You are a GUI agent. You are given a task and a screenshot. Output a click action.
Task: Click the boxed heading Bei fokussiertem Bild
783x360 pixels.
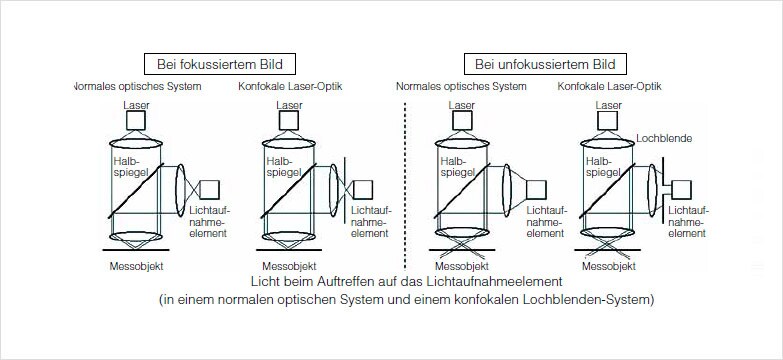pos(220,64)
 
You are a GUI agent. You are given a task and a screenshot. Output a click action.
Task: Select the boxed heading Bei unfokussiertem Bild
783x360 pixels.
pos(545,64)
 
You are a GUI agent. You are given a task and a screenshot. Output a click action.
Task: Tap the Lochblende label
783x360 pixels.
pos(664,139)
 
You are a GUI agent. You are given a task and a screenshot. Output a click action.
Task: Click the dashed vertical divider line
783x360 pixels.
pos(404,186)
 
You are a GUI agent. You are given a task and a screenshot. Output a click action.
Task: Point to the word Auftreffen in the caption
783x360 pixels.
pos(345,281)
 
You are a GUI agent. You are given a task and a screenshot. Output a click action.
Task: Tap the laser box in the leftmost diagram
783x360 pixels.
pos(136,120)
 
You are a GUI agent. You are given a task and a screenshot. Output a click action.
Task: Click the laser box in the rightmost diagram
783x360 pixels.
pos(609,120)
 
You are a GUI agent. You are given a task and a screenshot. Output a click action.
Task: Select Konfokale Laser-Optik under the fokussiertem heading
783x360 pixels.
pos(290,86)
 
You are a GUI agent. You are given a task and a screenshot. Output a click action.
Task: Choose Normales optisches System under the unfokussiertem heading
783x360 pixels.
pos(461,86)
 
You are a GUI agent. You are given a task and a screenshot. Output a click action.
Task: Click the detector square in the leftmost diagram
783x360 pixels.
pos(209,189)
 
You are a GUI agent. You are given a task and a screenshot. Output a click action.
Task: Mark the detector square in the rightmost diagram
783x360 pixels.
pos(681,190)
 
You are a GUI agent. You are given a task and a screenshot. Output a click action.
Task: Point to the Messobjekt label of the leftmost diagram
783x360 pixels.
pos(136,266)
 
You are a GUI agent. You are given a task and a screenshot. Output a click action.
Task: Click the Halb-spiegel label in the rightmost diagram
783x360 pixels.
pos(603,167)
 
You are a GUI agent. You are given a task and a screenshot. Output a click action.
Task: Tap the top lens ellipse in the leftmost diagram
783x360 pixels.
pos(136,143)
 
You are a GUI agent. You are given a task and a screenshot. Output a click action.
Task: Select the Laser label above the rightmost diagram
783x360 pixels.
pos(609,105)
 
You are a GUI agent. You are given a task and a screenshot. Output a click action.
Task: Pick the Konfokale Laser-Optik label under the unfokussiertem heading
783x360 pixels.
pos(609,86)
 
